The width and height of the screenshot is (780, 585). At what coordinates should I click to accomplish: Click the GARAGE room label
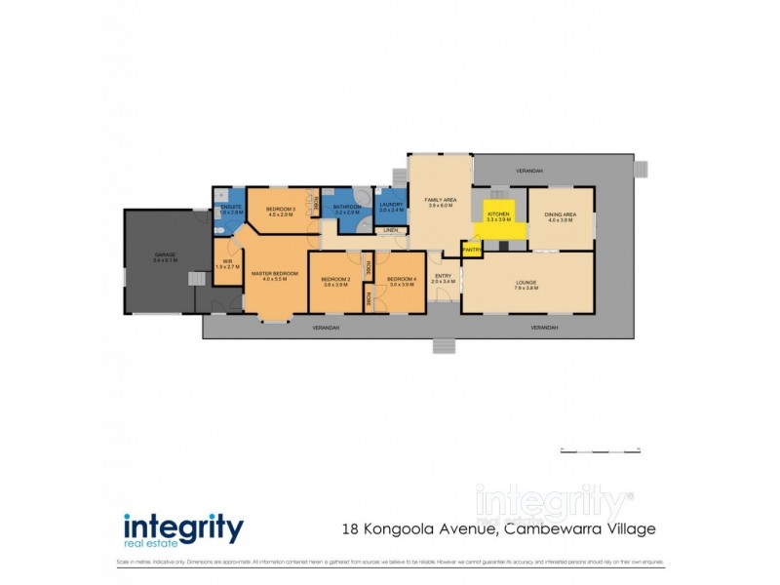pos(164,255)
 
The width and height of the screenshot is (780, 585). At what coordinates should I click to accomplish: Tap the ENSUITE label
pos(231,207)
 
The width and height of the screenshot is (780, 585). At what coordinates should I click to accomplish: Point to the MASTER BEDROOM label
pos(274,273)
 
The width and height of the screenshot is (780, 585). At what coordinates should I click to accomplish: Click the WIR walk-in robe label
pos(227,260)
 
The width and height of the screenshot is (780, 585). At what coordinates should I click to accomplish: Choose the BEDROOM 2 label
pos(334,280)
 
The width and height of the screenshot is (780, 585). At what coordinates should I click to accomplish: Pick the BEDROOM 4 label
pos(401,280)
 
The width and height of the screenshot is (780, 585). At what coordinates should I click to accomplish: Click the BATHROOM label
pos(347,207)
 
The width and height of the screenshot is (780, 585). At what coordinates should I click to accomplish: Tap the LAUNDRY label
pos(391,206)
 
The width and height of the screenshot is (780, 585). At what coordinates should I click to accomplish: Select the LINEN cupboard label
pos(390,230)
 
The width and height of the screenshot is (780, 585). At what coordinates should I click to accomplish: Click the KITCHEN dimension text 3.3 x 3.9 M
pos(499,220)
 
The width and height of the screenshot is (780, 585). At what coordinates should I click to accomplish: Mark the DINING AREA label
pos(560,214)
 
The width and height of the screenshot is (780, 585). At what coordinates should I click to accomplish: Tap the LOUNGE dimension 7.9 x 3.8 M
pos(526,288)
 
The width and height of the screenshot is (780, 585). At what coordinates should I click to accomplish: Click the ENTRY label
pos(443,275)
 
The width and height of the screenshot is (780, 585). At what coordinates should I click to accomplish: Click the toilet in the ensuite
pos(222,231)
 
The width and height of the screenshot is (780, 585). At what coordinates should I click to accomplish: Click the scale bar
pos(599,448)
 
